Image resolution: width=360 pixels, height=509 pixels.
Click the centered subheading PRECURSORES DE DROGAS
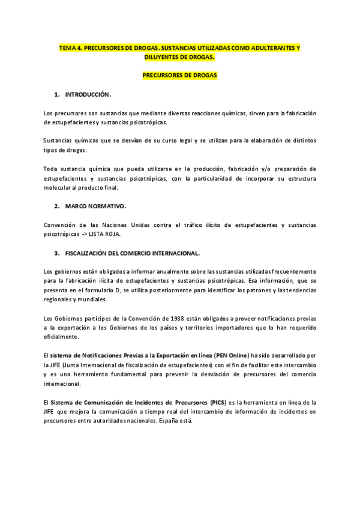coord(179,76)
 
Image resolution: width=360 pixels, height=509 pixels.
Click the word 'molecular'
coord(59,187)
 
